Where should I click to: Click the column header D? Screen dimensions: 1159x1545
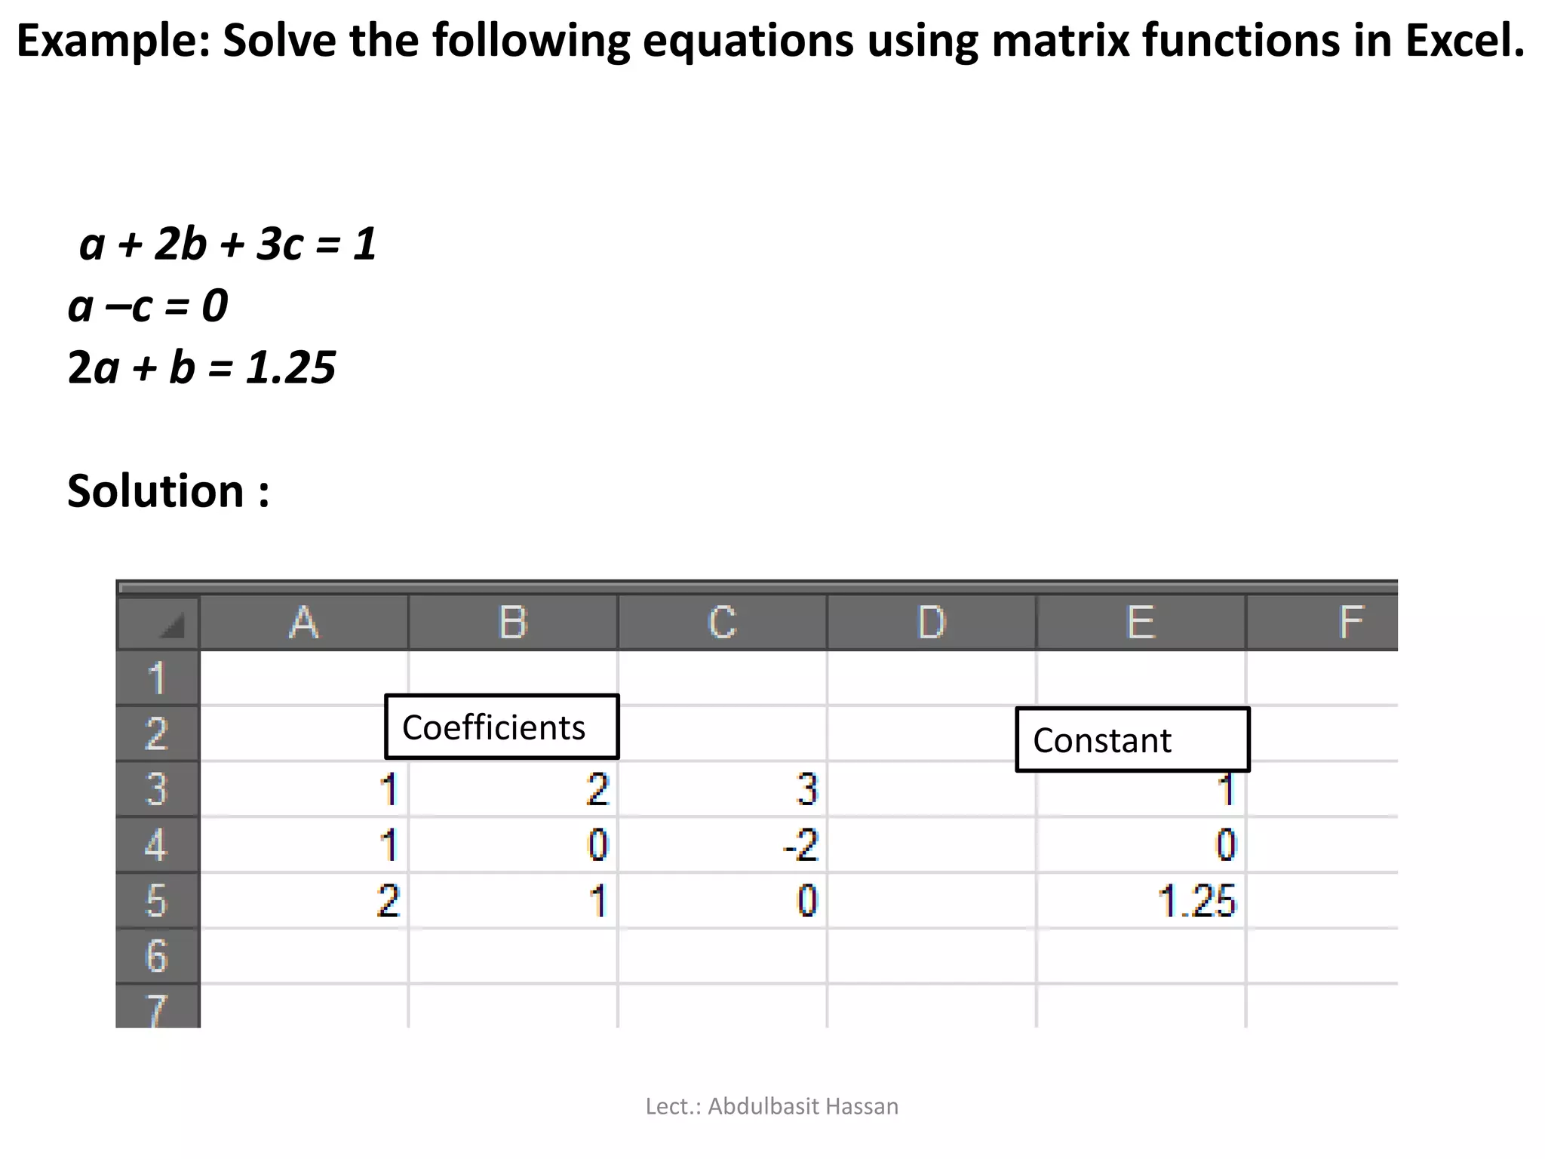point(931,623)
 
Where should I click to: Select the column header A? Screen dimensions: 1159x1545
point(303,623)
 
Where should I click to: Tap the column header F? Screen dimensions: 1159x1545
point(1350,623)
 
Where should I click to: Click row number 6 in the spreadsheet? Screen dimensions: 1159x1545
point(156,956)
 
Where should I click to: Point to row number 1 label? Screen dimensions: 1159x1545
point(156,678)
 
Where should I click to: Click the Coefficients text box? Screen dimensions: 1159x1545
point(501,727)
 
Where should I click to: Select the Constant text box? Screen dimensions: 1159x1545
point(1132,740)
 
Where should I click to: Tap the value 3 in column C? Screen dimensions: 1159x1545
point(806,789)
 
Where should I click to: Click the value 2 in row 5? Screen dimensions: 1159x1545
point(388,901)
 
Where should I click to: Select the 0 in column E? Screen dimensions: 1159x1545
point(1226,845)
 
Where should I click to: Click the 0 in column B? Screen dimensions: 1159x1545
point(597,845)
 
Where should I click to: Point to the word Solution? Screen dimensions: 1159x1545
point(155,491)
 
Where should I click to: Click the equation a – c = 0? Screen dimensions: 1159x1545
point(148,306)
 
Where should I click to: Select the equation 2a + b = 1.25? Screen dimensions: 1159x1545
point(201,367)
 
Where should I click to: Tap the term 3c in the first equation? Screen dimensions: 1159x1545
point(280,244)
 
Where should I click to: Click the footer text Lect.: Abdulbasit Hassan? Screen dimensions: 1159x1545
point(772,1106)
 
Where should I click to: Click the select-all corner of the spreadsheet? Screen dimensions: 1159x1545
point(158,623)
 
